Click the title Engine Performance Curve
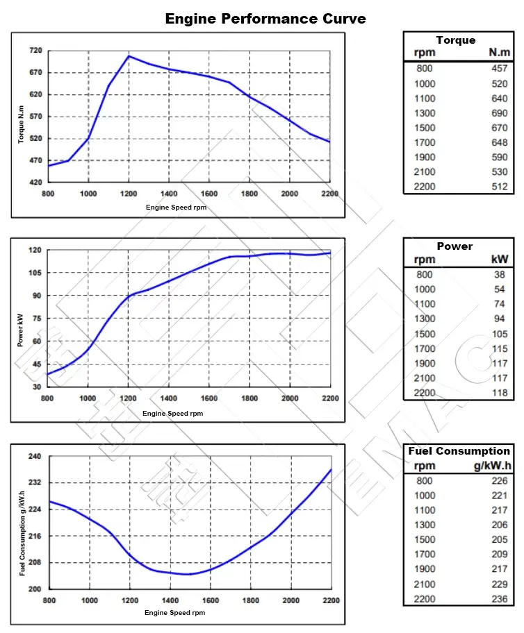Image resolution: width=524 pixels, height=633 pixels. pyautogui.click(x=265, y=19)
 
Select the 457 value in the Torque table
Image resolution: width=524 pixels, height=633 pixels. pyautogui.click(x=499, y=68)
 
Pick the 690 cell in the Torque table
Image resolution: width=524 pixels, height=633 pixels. pyautogui.click(x=499, y=112)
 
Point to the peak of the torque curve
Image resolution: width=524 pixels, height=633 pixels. pyautogui.click(x=129, y=56)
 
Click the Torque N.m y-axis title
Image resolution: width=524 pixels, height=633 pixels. pyautogui.click(x=22, y=124)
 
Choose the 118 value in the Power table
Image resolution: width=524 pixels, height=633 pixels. pyautogui.click(x=500, y=393)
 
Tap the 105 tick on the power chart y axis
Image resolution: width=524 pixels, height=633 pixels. pyautogui.click(x=34, y=273)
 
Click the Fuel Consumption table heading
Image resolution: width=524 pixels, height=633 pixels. pyautogui.click(x=459, y=451)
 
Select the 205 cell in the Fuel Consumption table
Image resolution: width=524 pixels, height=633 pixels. pyautogui.click(x=499, y=539)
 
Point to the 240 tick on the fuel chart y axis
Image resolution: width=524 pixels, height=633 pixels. pyautogui.click(x=35, y=457)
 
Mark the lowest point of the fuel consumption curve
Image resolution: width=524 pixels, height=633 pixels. pyautogui.click(x=188, y=574)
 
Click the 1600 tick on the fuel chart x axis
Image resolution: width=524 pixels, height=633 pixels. pyautogui.click(x=209, y=600)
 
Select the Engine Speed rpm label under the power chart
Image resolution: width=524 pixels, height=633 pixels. pyautogui.click(x=174, y=414)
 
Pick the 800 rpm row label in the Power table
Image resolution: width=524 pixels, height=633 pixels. pyautogui.click(x=425, y=274)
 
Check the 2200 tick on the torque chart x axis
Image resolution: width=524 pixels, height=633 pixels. pyautogui.click(x=330, y=194)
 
